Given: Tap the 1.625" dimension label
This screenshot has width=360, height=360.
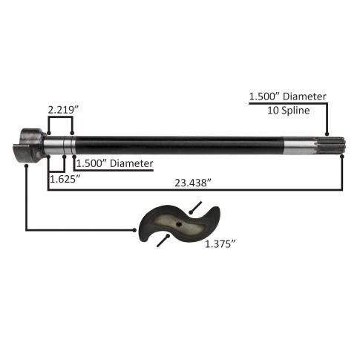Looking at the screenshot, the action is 65,179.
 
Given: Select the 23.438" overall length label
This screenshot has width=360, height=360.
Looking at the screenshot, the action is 193,183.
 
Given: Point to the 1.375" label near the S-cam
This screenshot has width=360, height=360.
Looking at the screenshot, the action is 220,244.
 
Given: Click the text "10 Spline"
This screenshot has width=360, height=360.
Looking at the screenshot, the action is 289,110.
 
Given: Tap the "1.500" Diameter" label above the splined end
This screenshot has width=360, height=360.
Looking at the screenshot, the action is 287,96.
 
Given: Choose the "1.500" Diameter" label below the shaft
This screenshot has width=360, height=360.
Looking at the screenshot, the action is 115,163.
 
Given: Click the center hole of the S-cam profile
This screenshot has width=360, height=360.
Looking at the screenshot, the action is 179,224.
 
